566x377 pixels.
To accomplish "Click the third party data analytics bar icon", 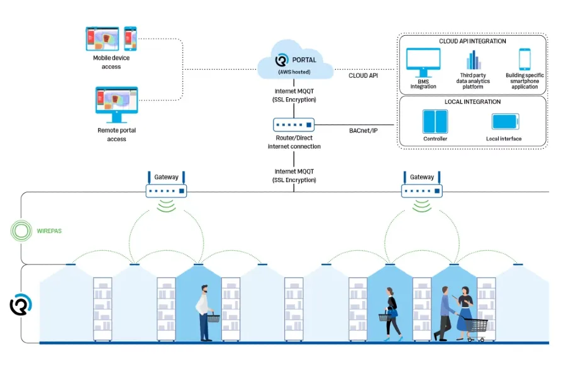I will click(x=473, y=60).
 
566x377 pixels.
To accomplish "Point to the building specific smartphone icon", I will click(x=524, y=60).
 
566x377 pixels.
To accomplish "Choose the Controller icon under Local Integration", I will click(x=435, y=122).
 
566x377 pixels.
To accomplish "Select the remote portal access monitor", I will click(x=116, y=103).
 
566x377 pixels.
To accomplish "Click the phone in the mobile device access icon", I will click(x=130, y=38).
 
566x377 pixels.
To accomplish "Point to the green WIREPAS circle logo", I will click(x=21, y=231).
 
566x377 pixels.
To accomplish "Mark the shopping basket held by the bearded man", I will click(x=214, y=317).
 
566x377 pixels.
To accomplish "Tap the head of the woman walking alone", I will click(x=390, y=293).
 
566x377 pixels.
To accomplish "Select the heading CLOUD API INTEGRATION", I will click(x=472, y=41).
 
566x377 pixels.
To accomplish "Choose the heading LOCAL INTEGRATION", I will click(x=472, y=102).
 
